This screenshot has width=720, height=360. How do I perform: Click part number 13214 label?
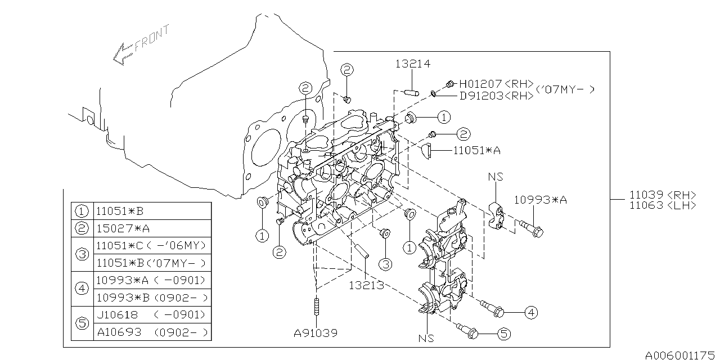coord(412,64)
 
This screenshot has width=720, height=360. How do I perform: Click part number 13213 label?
coord(365,285)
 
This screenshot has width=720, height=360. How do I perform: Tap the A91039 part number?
coord(315,333)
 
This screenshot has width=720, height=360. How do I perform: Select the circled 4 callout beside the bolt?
coord(530,312)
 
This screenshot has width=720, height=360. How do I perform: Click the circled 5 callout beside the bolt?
coord(503,334)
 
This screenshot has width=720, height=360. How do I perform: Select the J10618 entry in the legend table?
coord(117,314)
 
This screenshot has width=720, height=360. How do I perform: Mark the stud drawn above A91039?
coord(316,308)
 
